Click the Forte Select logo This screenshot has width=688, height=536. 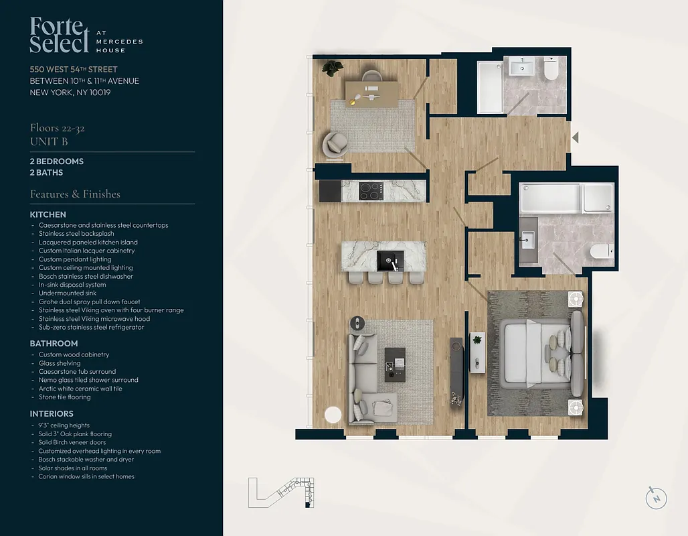click(x=60, y=36)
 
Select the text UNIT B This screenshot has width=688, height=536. click(x=49, y=142)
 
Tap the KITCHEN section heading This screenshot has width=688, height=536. click(x=48, y=214)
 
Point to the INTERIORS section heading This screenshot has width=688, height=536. click(x=52, y=413)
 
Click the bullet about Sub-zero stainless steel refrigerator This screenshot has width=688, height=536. click(x=91, y=327)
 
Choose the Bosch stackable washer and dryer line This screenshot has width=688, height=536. click(x=86, y=460)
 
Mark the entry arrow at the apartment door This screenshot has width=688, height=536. click(x=575, y=137)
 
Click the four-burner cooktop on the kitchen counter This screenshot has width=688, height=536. click(x=371, y=191)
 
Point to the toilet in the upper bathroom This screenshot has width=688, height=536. click(x=551, y=70)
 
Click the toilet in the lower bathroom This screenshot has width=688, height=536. click(x=600, y=251)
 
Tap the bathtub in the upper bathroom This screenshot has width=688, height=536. click(x=489, y=86)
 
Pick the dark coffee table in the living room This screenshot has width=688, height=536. click(x=395, y=364)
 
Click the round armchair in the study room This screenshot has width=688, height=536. click(x=335, y=143)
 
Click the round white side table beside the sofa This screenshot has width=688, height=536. click(x=333, y=415)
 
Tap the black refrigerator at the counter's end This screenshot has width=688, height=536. click(x=330, y=191)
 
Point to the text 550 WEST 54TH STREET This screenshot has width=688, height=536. click(x=74, y=70)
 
